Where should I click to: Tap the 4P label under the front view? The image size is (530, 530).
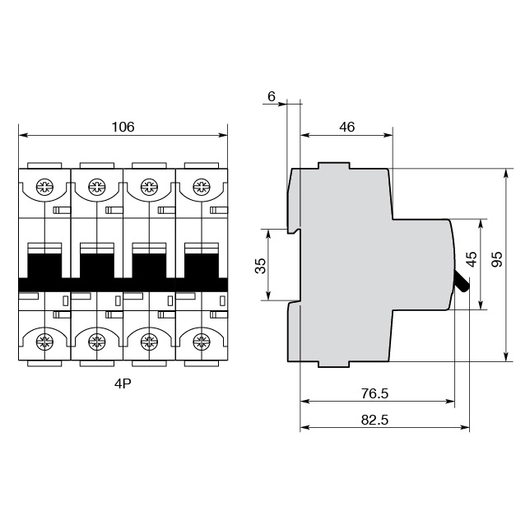point(123,384)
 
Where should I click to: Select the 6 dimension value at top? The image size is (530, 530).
point(271,96)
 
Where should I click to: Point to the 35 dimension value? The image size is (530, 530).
point(261,266)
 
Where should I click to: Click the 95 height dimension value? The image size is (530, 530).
point(495,259)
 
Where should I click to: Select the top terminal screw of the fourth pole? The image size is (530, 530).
point(200,187)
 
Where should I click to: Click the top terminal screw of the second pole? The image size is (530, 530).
point(96,187)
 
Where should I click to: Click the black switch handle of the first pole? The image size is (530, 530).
point(44,265)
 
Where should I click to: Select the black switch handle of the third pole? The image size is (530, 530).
point(148,265)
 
